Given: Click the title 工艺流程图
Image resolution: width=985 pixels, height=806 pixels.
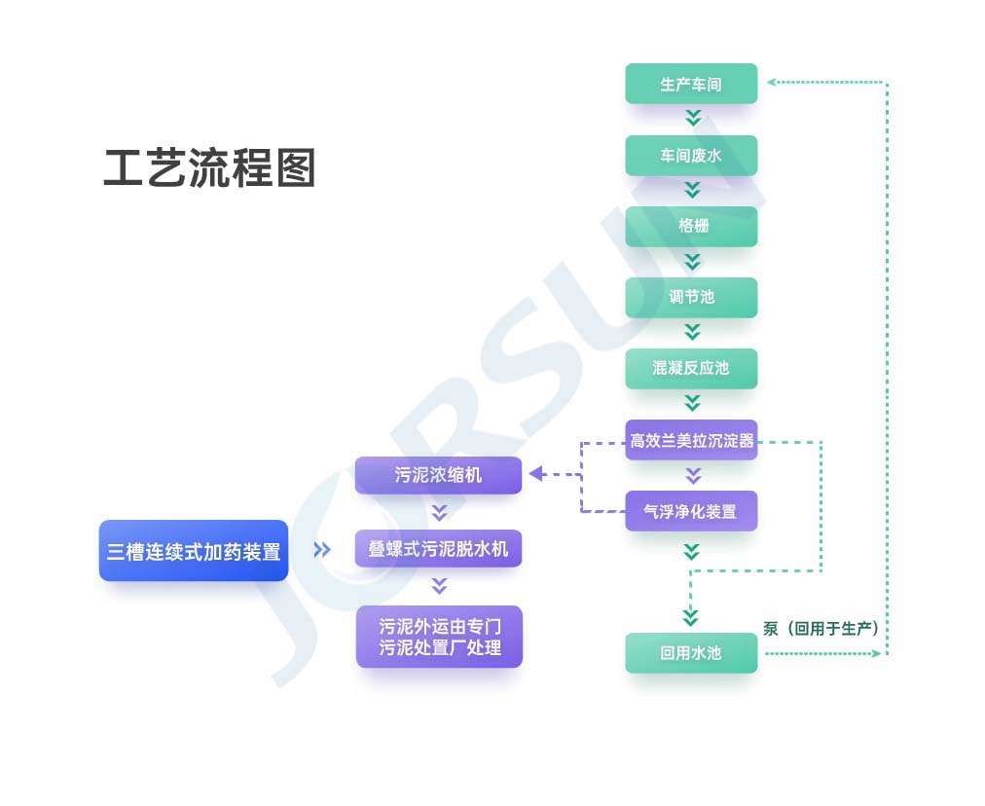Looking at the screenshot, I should click(x=209, y=169).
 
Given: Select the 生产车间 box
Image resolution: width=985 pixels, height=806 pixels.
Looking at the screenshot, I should click(x=691, y=84).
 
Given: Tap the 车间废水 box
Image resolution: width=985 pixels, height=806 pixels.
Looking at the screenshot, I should click(x=691, y=156).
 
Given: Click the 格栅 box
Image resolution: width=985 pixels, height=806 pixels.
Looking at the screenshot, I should click(x=691, y=226).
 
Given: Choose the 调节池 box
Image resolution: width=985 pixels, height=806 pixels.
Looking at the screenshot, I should click(x=691, y=297).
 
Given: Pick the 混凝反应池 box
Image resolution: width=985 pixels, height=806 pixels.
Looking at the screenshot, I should click(x=691, y=368).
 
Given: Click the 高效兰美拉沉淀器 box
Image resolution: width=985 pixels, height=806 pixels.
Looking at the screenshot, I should click(x=691, y=440).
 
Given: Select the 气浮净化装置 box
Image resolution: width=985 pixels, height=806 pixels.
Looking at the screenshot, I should click(x=691, y=511).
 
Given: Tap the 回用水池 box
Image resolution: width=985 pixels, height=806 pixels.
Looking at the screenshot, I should click(x=691, y=653).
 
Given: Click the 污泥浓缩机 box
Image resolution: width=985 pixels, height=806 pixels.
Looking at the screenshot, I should click(x=438, y=475).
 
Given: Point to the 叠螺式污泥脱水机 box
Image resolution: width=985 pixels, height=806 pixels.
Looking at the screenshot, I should click(x=438, y=549).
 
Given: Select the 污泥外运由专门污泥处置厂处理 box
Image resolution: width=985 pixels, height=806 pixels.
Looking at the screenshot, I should click(x=439, y=637).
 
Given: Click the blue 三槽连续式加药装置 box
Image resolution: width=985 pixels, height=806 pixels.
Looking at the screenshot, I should click(x=194, y=551).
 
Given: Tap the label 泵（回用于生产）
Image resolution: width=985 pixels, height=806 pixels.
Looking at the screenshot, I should click(x=821, y=629).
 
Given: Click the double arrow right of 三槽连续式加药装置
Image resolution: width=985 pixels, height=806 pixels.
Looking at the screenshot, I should click(x=322, y=550).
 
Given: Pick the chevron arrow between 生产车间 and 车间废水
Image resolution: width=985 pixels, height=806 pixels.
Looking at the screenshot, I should click(x=692, y=119).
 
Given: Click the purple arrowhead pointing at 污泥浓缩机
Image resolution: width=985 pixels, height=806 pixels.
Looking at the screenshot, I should click(x=536, y=475).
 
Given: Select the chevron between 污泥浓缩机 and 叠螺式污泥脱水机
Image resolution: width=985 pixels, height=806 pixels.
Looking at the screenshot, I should click(x=439, y=512).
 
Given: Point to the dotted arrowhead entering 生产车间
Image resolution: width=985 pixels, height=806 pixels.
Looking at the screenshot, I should click(x=772, y=82).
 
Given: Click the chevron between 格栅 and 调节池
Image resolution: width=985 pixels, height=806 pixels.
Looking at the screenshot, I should click(x=692, y=261).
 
